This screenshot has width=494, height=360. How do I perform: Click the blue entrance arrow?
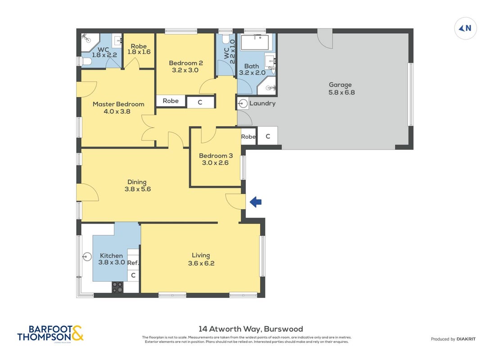[255, 202]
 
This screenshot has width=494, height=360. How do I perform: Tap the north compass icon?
[465, 28]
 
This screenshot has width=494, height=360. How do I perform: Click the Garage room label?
[340, 85]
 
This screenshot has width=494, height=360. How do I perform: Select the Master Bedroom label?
[118, 104]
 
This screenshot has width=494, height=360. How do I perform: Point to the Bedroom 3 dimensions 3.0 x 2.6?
[215, 163]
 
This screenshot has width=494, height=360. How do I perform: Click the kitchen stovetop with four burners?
[118, 287]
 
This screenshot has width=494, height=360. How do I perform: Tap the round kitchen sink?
[87, 256]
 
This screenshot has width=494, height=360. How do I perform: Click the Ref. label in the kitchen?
[133, 263]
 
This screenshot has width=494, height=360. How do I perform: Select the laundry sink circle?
[243, 103]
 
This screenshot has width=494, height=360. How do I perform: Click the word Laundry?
[263, 103]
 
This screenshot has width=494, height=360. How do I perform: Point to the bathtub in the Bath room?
[255, 42]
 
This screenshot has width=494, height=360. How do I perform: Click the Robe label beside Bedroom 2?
[170, 101]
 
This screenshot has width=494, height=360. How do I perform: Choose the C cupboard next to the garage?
[268, 136]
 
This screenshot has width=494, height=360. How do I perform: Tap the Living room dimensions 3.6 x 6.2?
[201, 263]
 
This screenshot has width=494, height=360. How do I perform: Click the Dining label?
[137, 182]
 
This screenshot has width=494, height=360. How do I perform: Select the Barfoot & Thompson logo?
[50, 333]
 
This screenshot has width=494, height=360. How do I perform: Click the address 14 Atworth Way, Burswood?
[251, 329]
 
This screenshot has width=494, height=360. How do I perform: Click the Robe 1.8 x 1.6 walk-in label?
[139, 49]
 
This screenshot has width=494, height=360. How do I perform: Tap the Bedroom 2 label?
[186, 63]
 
